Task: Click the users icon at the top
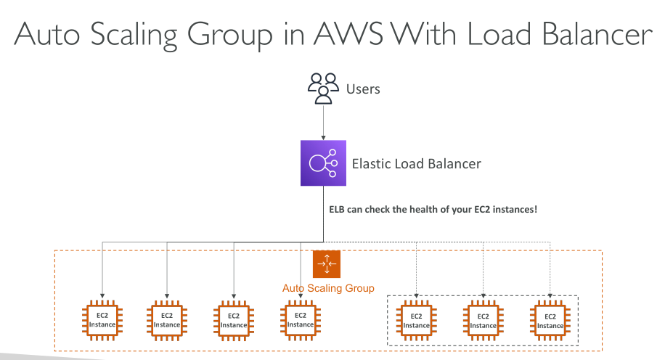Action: tap(323, 88)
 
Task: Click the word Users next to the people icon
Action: tap(363, 89)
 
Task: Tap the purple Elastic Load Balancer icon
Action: tap(322, 164)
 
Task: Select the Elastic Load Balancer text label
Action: tap(416, 164)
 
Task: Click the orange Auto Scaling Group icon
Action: tap(326, 263)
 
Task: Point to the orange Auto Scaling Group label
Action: tap(328, 288)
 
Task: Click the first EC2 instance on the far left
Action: tap(100, 320)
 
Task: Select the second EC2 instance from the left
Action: tap(167, 320)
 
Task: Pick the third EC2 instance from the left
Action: tap(234, 320)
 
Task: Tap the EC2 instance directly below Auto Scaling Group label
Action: tap(300, 320)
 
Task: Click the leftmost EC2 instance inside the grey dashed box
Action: tap(417, 320)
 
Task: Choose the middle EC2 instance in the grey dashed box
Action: tap(484, 320)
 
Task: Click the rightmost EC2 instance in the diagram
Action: tap(550, 320)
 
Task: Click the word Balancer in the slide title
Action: tap(580, 36)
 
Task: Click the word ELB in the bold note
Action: tap(340, 210)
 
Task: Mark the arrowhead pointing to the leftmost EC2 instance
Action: tap(100, 294)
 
